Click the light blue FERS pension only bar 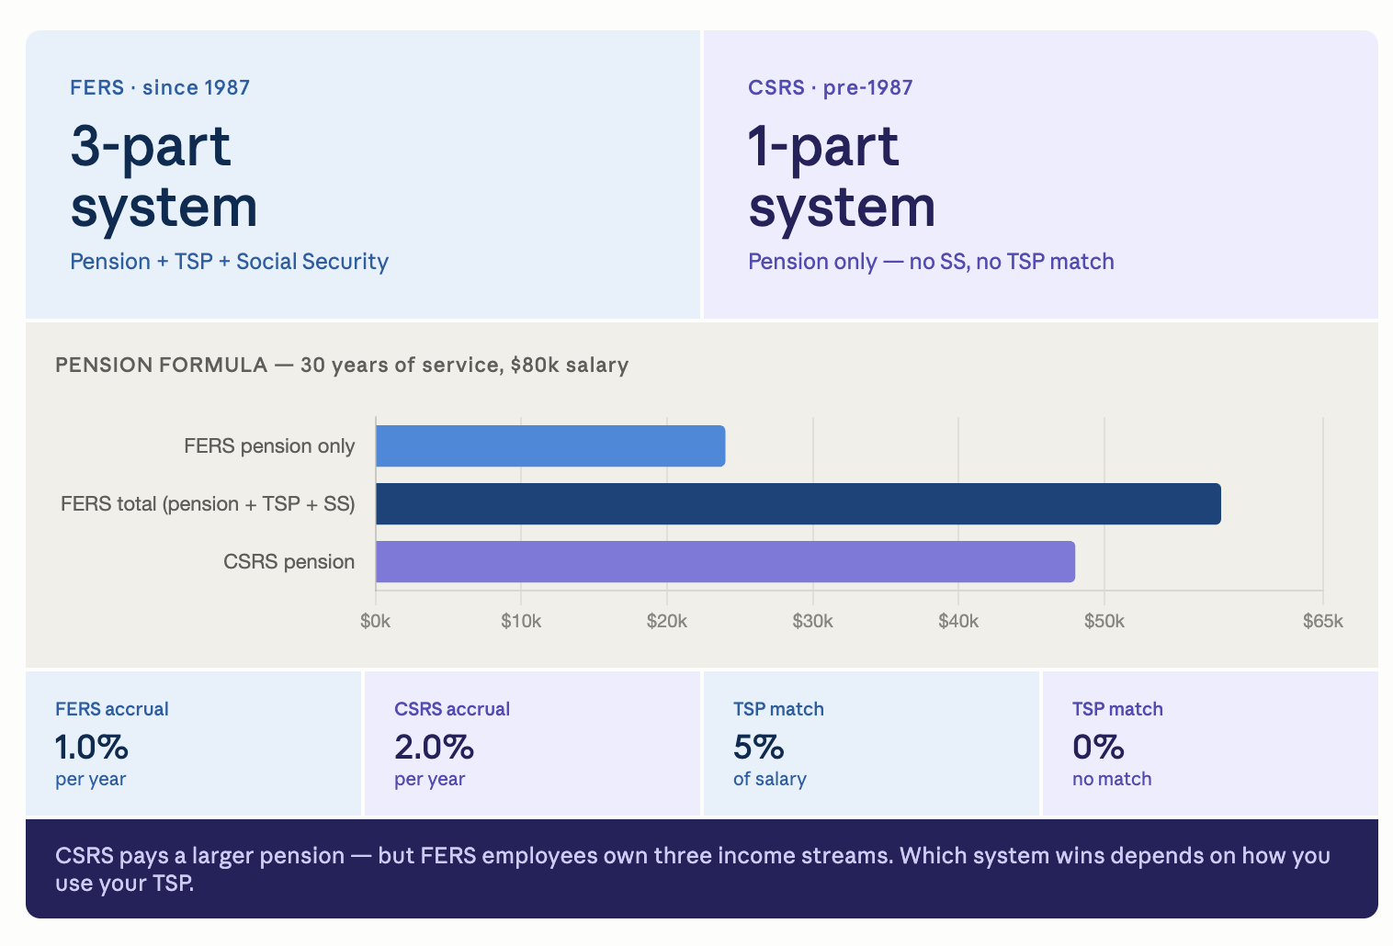coord(550,445)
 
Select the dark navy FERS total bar coord(798,503)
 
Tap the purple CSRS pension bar coord(725,561)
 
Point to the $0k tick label coord(376,621)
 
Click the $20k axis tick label coord(667,621)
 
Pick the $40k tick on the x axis coord(958,621)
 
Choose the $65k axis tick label coord(1323,621)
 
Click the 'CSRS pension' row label coord(289,562)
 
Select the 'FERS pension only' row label coord(269,446)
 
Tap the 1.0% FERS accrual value coord(91,747)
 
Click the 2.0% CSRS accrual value coord(434,747)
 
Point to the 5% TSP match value coord(759,747)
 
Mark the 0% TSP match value coord(1098,747)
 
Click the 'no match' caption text coord(1112,779)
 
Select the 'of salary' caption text coord(770,779)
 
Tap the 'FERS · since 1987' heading coord(160,87)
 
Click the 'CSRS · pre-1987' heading coord(831,87)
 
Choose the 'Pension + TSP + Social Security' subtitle coord(230,262)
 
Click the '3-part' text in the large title coord(151,147)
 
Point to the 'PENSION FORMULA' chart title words coord(161,365)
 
